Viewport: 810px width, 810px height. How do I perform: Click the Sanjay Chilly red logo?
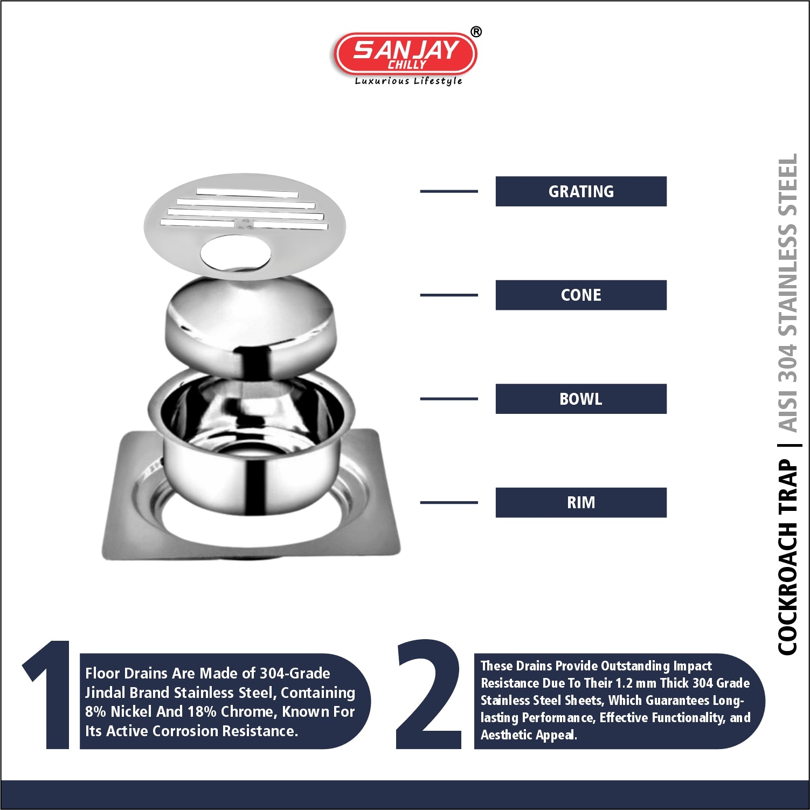(405, 54)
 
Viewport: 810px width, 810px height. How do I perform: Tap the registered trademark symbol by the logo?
(476, 32)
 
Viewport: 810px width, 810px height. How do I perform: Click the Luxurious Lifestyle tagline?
(409, 81)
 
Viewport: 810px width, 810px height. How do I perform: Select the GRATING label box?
(581, 191)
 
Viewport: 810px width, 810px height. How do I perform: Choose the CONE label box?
(581, 295)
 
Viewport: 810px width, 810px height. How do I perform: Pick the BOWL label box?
(581, 399)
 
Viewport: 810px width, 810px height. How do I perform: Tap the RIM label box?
(581, 502)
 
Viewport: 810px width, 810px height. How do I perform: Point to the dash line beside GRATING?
(449, 191)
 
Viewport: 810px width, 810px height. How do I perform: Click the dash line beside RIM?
(449, 502)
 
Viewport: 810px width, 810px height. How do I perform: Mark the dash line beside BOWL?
(449, 399)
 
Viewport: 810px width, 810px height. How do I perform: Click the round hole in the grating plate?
(236, 253)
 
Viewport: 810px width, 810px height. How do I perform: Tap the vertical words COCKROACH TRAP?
(787, 557)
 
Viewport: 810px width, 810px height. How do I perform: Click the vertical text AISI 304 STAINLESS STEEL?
(787, 293)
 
